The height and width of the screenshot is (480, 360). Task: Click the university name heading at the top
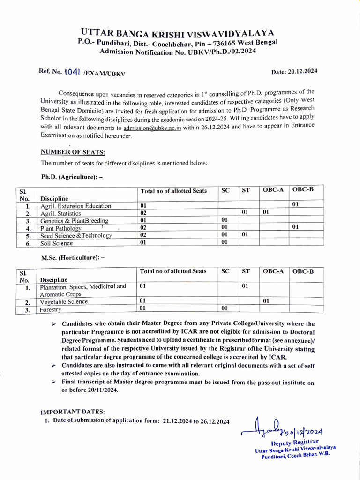click(177, 33)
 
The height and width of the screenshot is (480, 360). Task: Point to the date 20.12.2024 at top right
click(294, 71)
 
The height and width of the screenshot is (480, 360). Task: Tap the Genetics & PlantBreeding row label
click(74, 221)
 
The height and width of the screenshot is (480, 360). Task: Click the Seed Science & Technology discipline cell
click(76, 235)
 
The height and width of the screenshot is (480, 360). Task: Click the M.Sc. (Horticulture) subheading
click(73, 258)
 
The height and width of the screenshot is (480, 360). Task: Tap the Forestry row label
click(51, 310)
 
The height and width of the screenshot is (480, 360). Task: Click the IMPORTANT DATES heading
click(73, 412)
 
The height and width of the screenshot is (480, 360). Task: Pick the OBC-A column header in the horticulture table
click(274, 271)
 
